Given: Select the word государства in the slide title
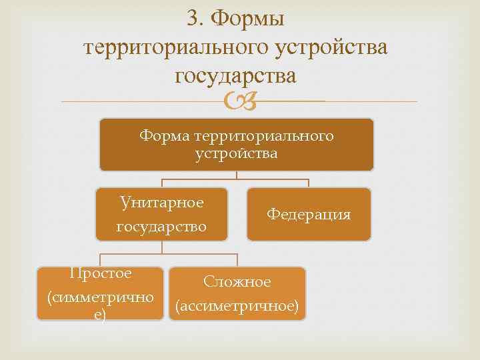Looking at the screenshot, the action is coord(235,77).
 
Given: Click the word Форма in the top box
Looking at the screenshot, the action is coord(164,137).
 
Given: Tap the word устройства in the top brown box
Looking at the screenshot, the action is coord(236,154).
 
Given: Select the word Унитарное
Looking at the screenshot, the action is coord(162,202).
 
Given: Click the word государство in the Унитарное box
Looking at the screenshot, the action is coord(162,227).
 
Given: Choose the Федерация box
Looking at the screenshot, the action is coord(308,214).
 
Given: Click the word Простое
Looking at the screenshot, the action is coord(101,273).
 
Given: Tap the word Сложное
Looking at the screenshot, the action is coord(237,282).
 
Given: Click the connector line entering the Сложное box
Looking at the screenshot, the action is coord(237,261).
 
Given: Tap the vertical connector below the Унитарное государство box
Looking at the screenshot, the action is coord(162,247).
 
